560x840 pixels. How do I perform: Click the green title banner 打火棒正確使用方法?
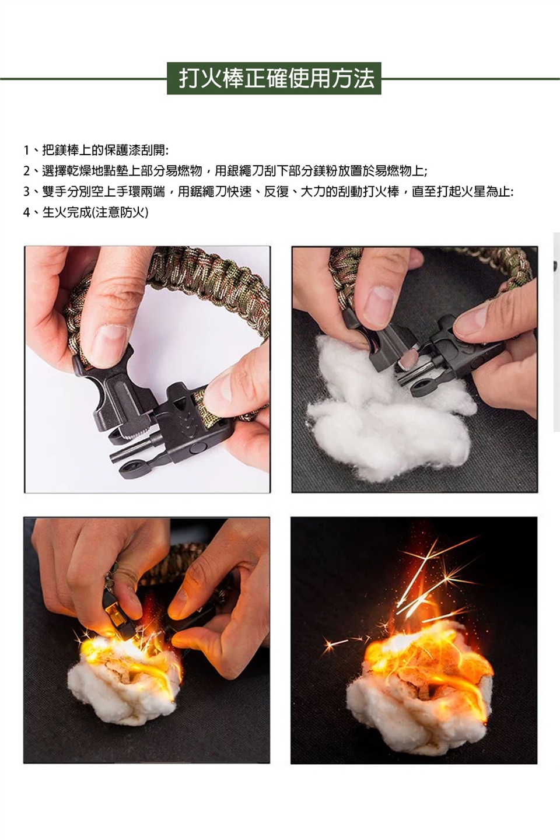click(274, 78)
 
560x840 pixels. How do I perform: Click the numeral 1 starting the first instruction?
click(26, 150)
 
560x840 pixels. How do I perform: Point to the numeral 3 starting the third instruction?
click(26, 192)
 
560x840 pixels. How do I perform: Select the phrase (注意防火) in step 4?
click(120, 212)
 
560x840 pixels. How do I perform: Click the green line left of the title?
click(83, 79)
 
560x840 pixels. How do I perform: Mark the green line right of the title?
click(470, 79)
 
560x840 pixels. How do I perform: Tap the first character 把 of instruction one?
click(48, 150)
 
